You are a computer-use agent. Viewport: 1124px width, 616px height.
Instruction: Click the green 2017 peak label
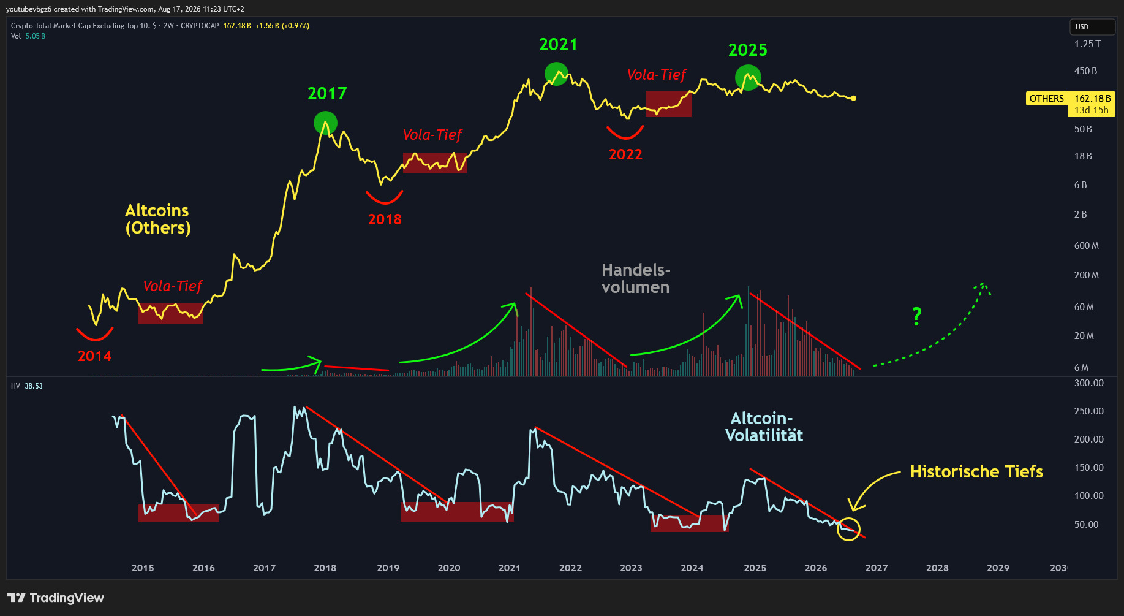[x=327, y=93]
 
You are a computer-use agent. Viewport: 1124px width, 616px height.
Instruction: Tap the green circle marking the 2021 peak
[x=556, y=74]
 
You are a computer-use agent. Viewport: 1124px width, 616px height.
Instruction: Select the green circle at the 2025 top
[x=748, y=78]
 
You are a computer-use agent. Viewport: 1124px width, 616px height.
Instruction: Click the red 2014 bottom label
[x=95, y=356]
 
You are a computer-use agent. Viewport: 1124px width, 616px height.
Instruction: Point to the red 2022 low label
[x=625, y=154]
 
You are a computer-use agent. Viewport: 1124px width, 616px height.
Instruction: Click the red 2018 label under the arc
[x=385, y=219]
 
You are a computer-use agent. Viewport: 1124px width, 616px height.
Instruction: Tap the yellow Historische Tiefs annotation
[x=976, y=471]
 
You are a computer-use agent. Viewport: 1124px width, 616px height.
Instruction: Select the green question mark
[x=916, y=316]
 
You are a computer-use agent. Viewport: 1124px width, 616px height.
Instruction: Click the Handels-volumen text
[x=636, y=279]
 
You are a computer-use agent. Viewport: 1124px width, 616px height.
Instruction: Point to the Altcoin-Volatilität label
[x=764, y=427]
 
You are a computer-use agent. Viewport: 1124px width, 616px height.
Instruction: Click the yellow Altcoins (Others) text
[x=158, y=219]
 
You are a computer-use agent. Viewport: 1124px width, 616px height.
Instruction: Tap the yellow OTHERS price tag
[x=1046, y=99]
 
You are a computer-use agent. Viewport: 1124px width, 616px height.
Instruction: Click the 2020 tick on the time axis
[x=449, y=568]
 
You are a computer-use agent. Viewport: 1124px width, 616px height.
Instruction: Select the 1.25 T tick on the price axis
[x=1087, y=44]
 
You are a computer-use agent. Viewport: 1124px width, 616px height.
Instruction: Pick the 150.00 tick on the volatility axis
[x=1089, y=468]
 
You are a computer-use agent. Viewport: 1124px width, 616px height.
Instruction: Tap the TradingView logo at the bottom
[x=56, y=598]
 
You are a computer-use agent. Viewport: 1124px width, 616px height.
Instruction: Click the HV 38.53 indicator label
[x=27, y=386]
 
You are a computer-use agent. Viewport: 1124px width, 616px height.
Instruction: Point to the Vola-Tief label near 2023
[x=657, y=75]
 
